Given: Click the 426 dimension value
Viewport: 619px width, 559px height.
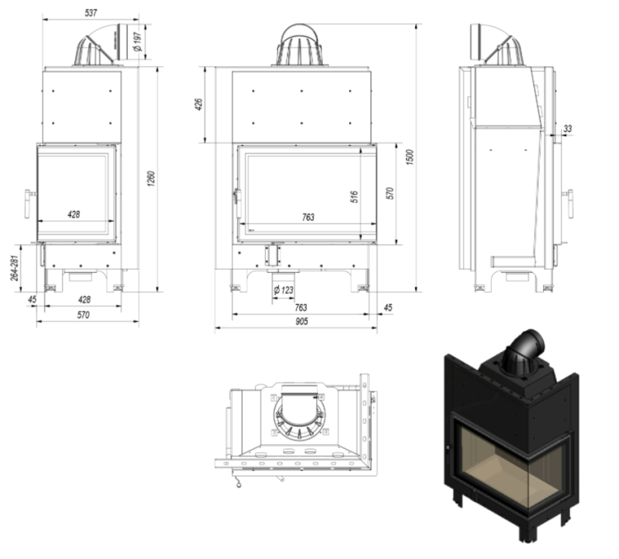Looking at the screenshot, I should (200, 106).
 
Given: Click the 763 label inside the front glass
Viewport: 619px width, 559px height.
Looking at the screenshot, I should (307, 217).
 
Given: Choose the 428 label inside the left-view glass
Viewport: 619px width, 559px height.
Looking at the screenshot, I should (73, 214).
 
